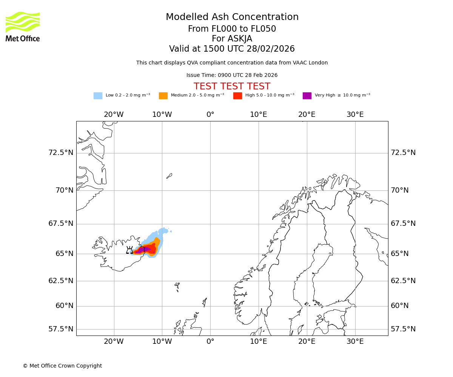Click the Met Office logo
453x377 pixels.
[23, 26]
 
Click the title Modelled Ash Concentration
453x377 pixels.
[232, 17]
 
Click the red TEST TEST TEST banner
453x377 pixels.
[232, 86]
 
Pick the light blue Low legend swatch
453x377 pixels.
[98, 95]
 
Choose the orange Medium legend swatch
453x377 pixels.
[163, 95]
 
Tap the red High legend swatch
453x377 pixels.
[237, 95]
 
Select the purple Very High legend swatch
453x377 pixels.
[307, 95]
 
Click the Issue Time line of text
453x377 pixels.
[232, 75]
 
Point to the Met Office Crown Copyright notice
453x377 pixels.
[62, 366]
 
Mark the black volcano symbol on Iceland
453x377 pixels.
[129, 250]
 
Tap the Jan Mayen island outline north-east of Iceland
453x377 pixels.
[169, 176]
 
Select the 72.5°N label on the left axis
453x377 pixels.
[61, 153]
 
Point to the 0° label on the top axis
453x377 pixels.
[210, 115]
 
